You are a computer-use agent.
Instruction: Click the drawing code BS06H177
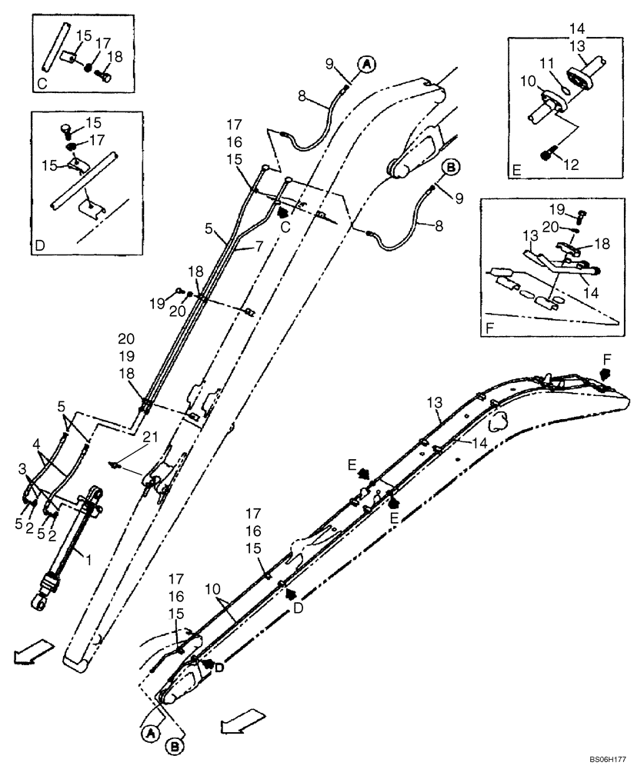(601, 757)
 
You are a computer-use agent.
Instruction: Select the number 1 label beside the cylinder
(87, 561)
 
